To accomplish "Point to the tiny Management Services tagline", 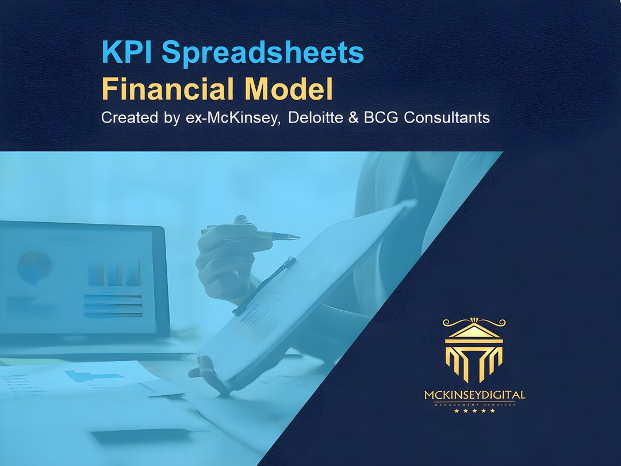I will coord(474,404).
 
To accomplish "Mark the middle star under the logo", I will coord(474,411).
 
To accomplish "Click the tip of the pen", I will coord(297,237).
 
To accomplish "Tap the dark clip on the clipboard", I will coord(264,285).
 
